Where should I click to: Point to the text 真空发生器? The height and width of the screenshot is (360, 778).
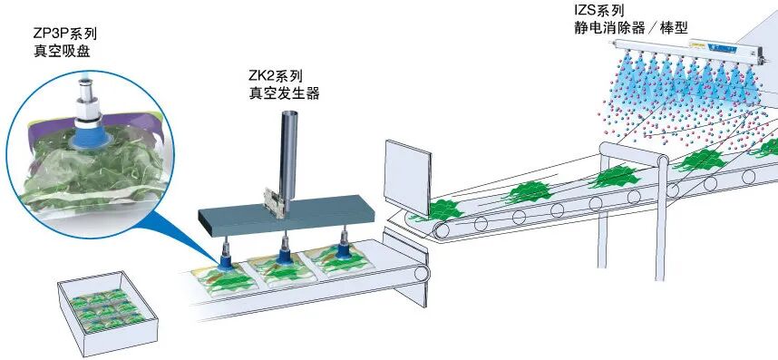(x=284, y=92)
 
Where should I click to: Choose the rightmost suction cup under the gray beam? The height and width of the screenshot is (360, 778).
(x=345, y=254)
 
